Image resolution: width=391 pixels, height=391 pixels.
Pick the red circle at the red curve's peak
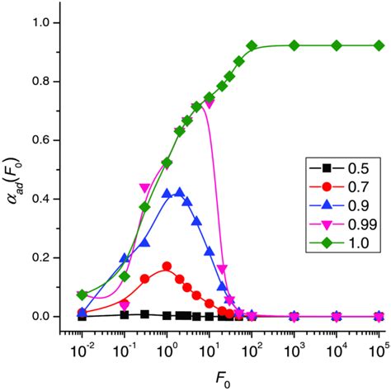tap(167, 266)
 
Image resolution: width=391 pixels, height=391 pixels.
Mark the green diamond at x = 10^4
tap(337, 45)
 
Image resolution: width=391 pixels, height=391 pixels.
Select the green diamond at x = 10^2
tap(252, 45)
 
